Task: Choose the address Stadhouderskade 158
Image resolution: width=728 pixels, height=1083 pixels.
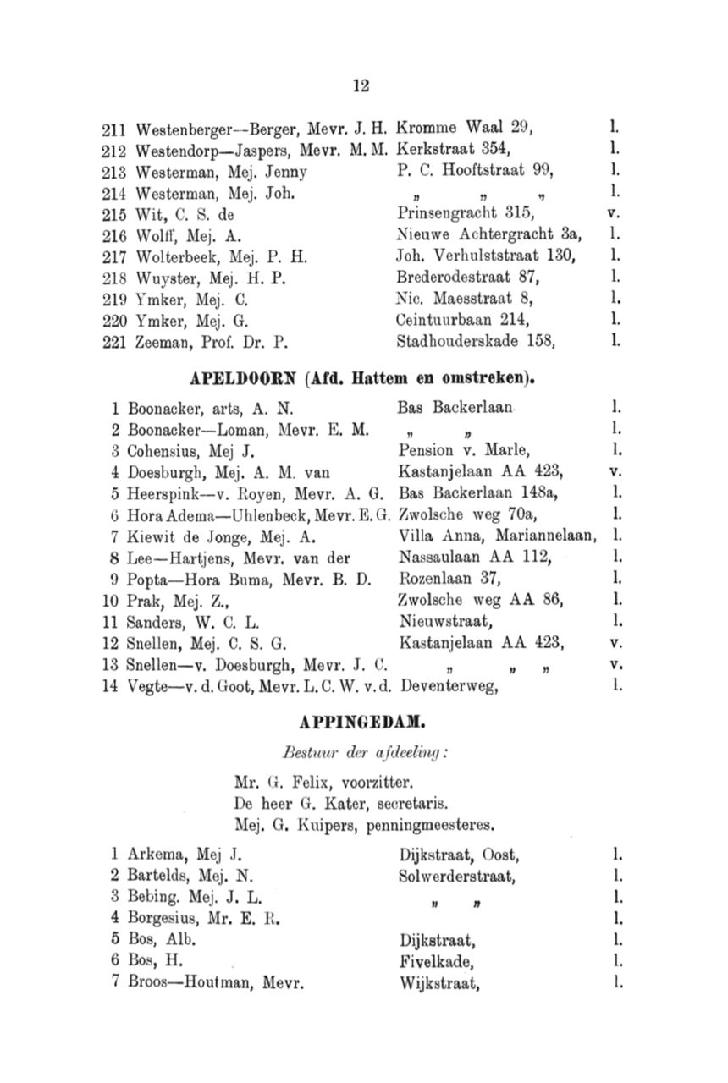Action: (x=475, y=343)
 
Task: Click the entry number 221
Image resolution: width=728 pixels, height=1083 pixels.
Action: (x=113, y=343)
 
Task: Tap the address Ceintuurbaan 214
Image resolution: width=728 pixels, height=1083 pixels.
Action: (x=463, y=321)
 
